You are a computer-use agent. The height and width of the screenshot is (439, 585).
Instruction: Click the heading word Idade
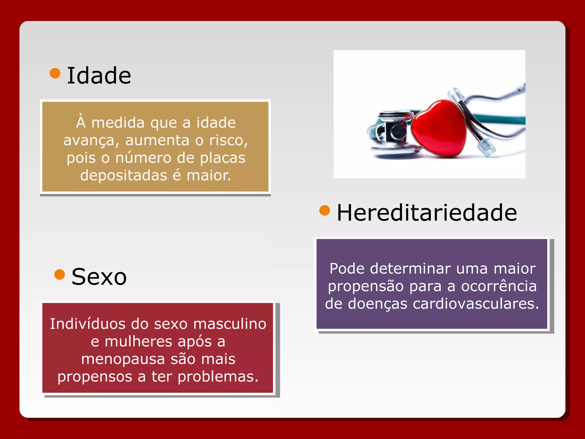99,75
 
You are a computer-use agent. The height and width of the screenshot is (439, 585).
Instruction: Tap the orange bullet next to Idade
55,73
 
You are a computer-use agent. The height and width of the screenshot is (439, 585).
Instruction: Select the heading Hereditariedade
427,213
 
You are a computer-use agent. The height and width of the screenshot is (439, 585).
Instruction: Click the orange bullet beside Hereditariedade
324,211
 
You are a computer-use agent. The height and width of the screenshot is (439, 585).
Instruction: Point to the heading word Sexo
99,277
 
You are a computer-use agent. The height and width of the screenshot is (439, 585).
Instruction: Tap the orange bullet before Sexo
59,275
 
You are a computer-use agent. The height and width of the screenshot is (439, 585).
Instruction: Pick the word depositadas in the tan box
123,175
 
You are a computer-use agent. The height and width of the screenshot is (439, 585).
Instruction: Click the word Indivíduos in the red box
87,324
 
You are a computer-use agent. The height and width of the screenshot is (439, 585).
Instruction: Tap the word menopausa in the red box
123,359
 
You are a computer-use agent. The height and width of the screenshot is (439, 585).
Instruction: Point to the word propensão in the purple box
366,286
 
